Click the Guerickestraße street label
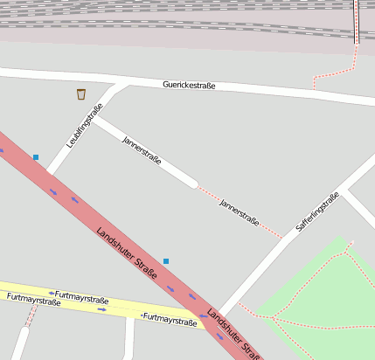[x=189, y=86]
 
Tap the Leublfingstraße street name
[x=85, y=126]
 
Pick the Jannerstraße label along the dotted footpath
[x=239, y=211]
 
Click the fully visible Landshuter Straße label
[x=128, y=253]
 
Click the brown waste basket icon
[x=81, y=93]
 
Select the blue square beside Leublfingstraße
[x=36, y=157]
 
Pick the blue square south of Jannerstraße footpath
[x=166, y=261]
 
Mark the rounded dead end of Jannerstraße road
[x=192, y=183]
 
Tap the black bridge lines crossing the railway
[x=357, y=22]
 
